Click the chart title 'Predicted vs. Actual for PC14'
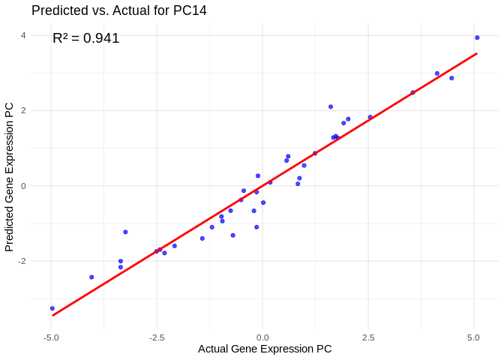click(119, 10)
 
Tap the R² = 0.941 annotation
click(86, 38)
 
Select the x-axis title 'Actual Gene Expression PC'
click(265, 349)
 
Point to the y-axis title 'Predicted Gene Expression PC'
click(10, 177)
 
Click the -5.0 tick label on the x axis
click(51, 337)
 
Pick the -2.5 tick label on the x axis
click(157, 337)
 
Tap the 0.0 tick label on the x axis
click(262, 337)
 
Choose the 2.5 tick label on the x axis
click(368, 337)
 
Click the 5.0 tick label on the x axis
click(474, 337)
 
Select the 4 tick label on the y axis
click(23, 35)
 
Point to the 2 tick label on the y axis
click(23, 110)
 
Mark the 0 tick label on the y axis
click(23, 186)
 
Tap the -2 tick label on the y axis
click(22, 261)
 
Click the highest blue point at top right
click(477, 37)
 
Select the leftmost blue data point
click(52, 308)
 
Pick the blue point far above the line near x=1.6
click(331, 106)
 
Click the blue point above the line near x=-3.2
click(125, 232)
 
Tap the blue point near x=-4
click(91, 277)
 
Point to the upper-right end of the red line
click(477, 53)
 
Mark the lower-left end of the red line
click(52, 315)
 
